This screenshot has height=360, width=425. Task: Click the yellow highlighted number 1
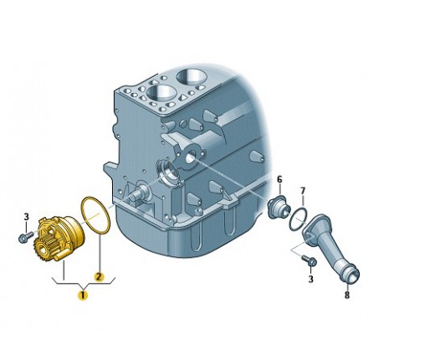pos(83,295)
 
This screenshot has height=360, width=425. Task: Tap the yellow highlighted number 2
pos(99,277)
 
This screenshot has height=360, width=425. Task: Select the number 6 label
pos(279,179)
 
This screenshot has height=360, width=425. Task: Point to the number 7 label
pos(303,191)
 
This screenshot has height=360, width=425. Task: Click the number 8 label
pos(347,295)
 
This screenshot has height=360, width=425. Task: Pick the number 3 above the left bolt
pos(26,217)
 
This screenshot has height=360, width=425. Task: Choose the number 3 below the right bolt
pos(310,279)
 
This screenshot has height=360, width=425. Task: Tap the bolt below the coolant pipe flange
pos(309,260)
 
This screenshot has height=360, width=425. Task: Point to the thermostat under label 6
pos(279,208)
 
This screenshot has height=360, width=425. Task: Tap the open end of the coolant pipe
pos(352,275)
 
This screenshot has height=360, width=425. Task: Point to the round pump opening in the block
pos(168,172)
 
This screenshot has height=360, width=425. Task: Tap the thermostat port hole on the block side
pos(191,157)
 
